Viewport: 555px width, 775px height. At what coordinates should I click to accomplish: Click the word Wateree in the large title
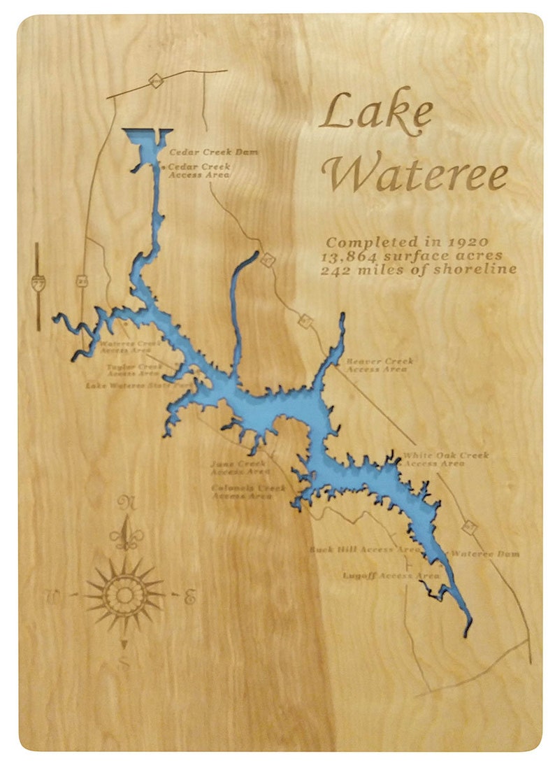point(419,173)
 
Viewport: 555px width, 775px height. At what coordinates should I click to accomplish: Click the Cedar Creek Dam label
point(204,152)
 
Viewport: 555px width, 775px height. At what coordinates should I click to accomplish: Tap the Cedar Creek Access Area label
point(200,171)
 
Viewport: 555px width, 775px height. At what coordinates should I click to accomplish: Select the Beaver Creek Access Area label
point(380,365)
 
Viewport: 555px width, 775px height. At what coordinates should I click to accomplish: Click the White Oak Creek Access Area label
point(445,459)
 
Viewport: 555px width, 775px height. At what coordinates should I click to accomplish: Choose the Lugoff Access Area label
point(391,576)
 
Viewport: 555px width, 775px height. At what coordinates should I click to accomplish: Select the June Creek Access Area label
point(240,467)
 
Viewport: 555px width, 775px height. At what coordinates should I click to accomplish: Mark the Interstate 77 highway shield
point(38,283)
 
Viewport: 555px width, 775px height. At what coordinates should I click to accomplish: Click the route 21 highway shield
point(82,281)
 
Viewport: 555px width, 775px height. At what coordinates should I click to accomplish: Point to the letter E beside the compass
point(189,597)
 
